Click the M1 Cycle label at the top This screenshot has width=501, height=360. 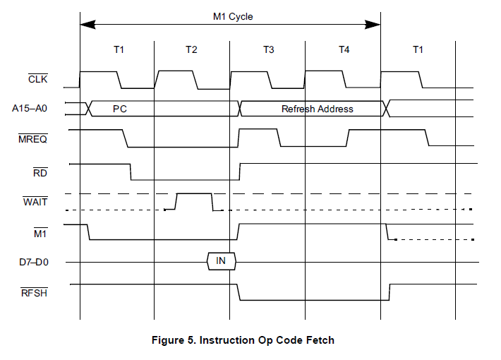pos(233,16)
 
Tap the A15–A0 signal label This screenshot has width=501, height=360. pos(31,109)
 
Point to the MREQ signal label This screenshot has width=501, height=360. pos(33,139)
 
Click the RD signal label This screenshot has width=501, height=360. pos(40,172)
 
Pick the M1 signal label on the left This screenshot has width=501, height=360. pos(40,232)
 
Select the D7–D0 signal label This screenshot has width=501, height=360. pos(33,262)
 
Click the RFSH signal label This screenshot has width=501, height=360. pos(35,292)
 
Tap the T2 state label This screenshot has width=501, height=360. pos(191,49)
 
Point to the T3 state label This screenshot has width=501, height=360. pos(269,49)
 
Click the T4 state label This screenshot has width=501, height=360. pos(344,49)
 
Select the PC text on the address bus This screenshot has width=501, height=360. pos(119,109)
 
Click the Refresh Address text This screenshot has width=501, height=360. pos(317,109)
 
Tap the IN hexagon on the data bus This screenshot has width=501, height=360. pos(221,261)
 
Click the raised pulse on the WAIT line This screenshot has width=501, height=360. pos(193,194)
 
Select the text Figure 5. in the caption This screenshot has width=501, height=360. pos(174,340)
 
